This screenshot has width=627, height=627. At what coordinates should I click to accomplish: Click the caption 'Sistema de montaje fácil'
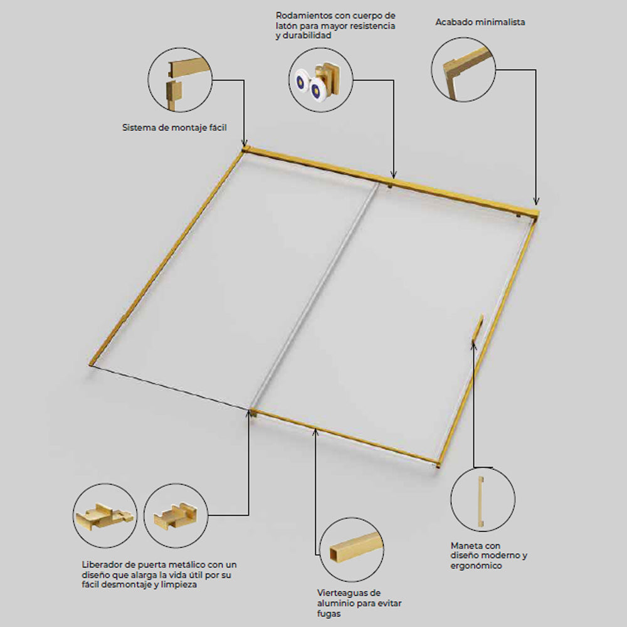(x=174, y=127)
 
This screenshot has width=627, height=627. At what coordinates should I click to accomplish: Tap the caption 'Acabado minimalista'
(x=480, y=22)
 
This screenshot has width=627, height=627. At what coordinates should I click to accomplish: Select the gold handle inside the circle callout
(x=481, y=501)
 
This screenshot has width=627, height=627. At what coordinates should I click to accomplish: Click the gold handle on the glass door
(x=478, y=327)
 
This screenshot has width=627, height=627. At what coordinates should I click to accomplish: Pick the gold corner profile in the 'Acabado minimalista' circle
(x=466, y=70)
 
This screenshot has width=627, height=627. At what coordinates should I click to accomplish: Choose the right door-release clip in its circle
(x=175, y=516)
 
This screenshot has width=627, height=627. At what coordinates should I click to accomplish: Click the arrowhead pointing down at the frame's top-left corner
(x=245, y=143)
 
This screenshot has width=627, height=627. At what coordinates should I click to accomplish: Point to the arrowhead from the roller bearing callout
(x=394, y=174)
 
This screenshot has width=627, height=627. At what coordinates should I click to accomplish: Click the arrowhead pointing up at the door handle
(x=473, y=345)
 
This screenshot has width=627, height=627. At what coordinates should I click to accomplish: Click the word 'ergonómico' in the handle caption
(x=476, y=566)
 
